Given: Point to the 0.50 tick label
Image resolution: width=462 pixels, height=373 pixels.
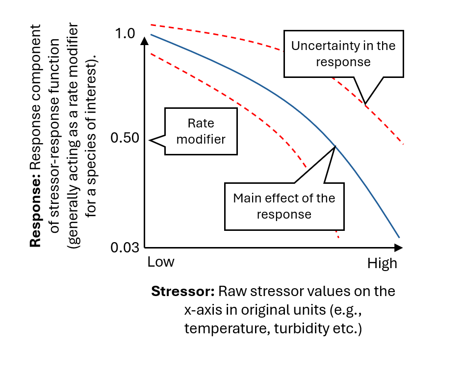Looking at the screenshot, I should pyautogui.click(x=126, y=138).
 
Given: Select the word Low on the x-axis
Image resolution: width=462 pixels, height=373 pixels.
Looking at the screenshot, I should pyautogui.click(x=160, y=262).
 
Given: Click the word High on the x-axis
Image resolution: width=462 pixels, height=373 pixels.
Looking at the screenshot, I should pyautogui.click(x=382, y=264).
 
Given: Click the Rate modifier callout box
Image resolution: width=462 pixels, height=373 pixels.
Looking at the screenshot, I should pyautogui.click(x=201, y=131).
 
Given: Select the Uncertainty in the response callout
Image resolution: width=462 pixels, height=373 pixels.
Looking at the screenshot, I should pyautogui.click(x=343, y=53).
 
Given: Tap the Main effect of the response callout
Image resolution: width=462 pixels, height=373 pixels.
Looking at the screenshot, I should pyautogui.click(x=284, y=206).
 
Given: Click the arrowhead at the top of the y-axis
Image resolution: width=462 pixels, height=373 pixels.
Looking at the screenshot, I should pyautogui.click(x=144, y=40).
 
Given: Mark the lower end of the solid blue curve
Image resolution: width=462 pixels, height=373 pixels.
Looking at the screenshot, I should pyautogui.click(x=399, y=237).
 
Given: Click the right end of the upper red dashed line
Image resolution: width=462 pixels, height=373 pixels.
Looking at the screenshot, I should pyautogui.click(x=402, y=144).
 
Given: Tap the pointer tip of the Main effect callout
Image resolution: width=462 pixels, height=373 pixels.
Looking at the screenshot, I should pyautogui.click(x=334, y=146).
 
